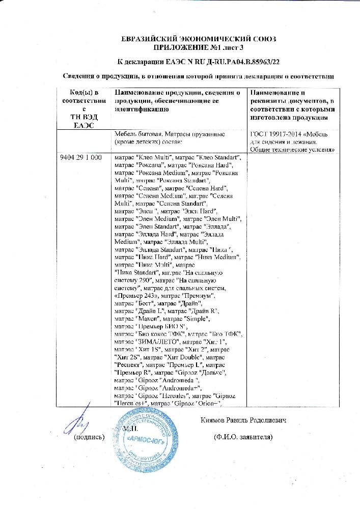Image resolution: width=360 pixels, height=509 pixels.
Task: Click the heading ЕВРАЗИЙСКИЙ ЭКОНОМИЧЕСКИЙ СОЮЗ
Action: [196, 39]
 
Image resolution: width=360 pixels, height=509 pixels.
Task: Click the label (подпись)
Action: [90, 437]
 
